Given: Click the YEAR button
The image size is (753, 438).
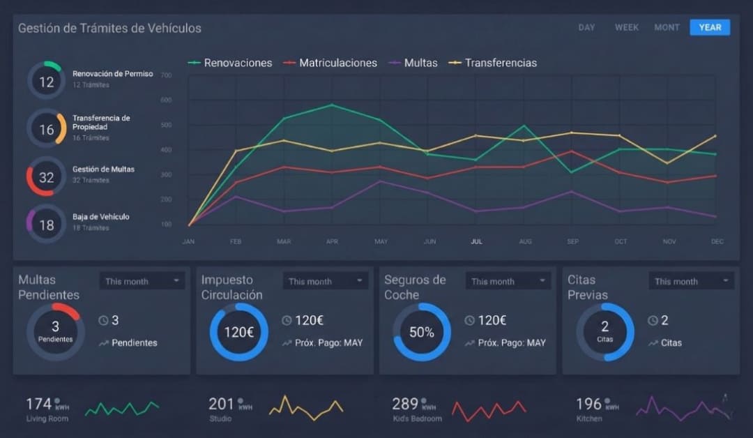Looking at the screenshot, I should [x=710, y=27].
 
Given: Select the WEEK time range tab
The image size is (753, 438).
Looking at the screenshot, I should [x=626, y=27].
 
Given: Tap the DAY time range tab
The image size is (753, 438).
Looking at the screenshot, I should [x=586, y=27].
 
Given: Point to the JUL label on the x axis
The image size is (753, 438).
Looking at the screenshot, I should [x=476, y=241].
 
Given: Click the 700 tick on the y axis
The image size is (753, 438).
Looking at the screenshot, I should [x=166, y=75].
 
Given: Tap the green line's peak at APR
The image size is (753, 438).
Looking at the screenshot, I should [x=332, y=105].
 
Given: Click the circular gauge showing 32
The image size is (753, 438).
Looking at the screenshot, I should [x=46, y=177].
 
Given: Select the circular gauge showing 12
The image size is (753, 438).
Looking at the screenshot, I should [x=46, y=82].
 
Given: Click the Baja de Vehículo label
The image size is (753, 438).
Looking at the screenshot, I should [x=101, y=217].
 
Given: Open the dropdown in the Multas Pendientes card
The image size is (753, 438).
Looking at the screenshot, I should [x=143, y=281].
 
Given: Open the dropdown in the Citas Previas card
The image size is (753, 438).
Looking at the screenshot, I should [x=692, y=281].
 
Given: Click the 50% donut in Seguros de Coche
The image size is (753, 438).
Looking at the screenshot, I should [x=421, y=332].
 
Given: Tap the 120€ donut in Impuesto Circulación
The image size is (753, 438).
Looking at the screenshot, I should [x=238, y=332].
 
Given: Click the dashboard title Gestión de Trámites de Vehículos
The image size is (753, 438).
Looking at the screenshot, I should [x=109, y=29].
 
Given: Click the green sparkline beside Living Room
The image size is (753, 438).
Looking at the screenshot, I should [x=121, y=408].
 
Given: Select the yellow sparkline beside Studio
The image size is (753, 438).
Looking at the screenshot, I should [x=306, y=406].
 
